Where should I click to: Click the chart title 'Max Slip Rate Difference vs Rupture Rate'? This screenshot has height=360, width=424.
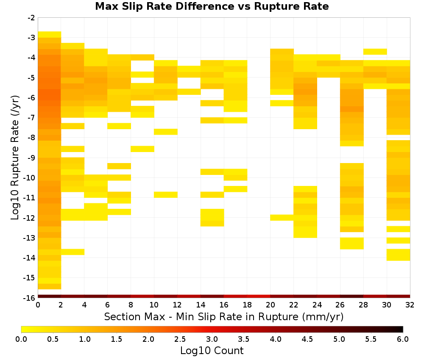[x=212, y=6]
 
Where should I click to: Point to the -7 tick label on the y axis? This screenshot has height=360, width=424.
[x=31, y=118]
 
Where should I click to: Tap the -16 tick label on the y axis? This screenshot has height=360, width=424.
[x=30, y=298]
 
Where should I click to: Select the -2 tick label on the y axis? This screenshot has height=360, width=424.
[x=31, y=18]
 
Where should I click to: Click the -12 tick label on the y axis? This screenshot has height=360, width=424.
[x=30, y=218]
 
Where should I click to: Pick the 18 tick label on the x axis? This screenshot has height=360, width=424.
[x=247, y=305]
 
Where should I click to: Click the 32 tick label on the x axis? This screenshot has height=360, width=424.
[x=410, y=305]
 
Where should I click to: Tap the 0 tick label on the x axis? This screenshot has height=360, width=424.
[x=38, y=305]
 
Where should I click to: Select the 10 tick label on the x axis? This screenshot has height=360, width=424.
[x=154, y=305]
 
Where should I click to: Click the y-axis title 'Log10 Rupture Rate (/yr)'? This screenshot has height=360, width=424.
[x=15, y=158]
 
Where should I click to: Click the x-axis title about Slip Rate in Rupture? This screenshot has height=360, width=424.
[x=224, y=317]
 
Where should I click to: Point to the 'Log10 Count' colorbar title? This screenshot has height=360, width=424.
[x=212, y=351]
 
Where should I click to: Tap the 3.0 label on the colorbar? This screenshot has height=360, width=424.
[x=212, y=339]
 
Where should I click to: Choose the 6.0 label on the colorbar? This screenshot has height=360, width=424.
[x=403, y=339]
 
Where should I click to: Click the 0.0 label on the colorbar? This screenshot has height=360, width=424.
[x=21, y=339]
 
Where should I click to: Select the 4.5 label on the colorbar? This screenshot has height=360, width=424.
[x=307, y=339]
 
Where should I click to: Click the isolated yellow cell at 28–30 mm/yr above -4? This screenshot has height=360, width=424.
[x=375, y=52]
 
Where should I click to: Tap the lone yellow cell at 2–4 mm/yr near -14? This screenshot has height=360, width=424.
[x=73, y=252]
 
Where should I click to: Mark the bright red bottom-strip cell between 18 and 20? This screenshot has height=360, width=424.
[x=259, y=296]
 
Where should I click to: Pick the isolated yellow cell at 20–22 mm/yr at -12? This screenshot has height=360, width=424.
[x=282, y=217]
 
